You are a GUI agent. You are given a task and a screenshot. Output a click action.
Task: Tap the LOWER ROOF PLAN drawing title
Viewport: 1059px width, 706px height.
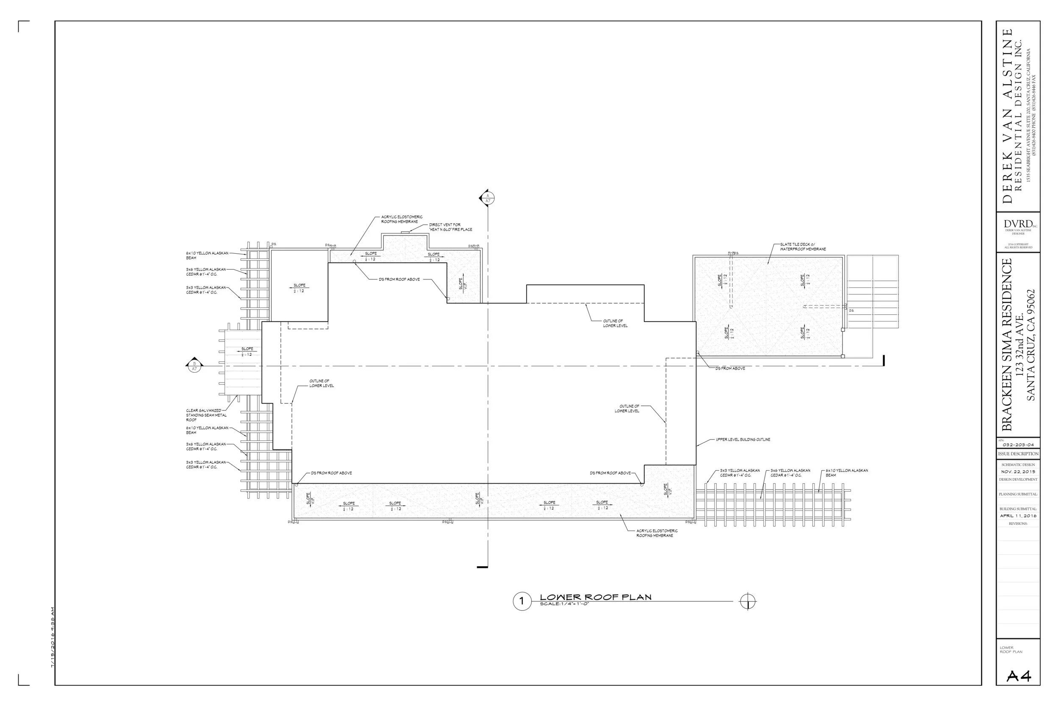pyautogui.click(x=595, y=597)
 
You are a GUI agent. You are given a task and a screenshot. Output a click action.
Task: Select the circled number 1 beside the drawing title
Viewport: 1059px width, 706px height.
pyautogui.click(x=522, y=601)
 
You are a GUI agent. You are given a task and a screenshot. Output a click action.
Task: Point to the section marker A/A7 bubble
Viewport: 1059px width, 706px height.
pyautogui.click(x=487, y=198)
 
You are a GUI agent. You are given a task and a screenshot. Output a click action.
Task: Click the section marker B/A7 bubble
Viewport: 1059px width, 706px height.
pyautogui.click(x=194, y=366)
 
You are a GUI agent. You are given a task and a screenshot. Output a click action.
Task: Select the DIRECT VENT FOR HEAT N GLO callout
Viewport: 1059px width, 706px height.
pyautogui.click(x=450, y=227)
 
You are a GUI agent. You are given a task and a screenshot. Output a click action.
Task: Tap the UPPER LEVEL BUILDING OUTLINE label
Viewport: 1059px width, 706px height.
pyautogui.click(x=743, y=440)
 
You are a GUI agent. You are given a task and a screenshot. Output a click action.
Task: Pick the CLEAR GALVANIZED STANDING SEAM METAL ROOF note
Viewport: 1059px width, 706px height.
pyautogui.click(x=206, y=415)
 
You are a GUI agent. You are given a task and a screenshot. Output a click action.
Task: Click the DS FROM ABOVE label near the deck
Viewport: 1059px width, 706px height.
pyautogui.click(x=730, y=368)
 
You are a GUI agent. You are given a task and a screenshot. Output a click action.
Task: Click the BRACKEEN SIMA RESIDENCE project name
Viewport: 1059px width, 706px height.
pyautogui.click(x=1007, y=344)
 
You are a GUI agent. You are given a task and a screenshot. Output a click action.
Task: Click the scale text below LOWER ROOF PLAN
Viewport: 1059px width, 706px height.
pyautogui.click(x=564, y=604)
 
